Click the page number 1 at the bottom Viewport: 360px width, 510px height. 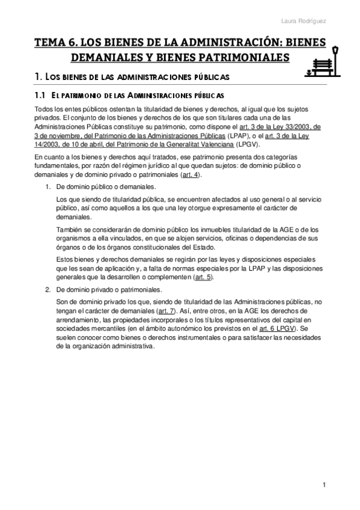(x=324, y=485)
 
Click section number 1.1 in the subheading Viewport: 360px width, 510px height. (x=40, y=96)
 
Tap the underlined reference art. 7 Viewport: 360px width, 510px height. (x=166, y=312)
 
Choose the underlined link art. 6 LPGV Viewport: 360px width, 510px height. (x=278, y=329)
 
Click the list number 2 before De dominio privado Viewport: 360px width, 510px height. (x=48, y=290)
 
